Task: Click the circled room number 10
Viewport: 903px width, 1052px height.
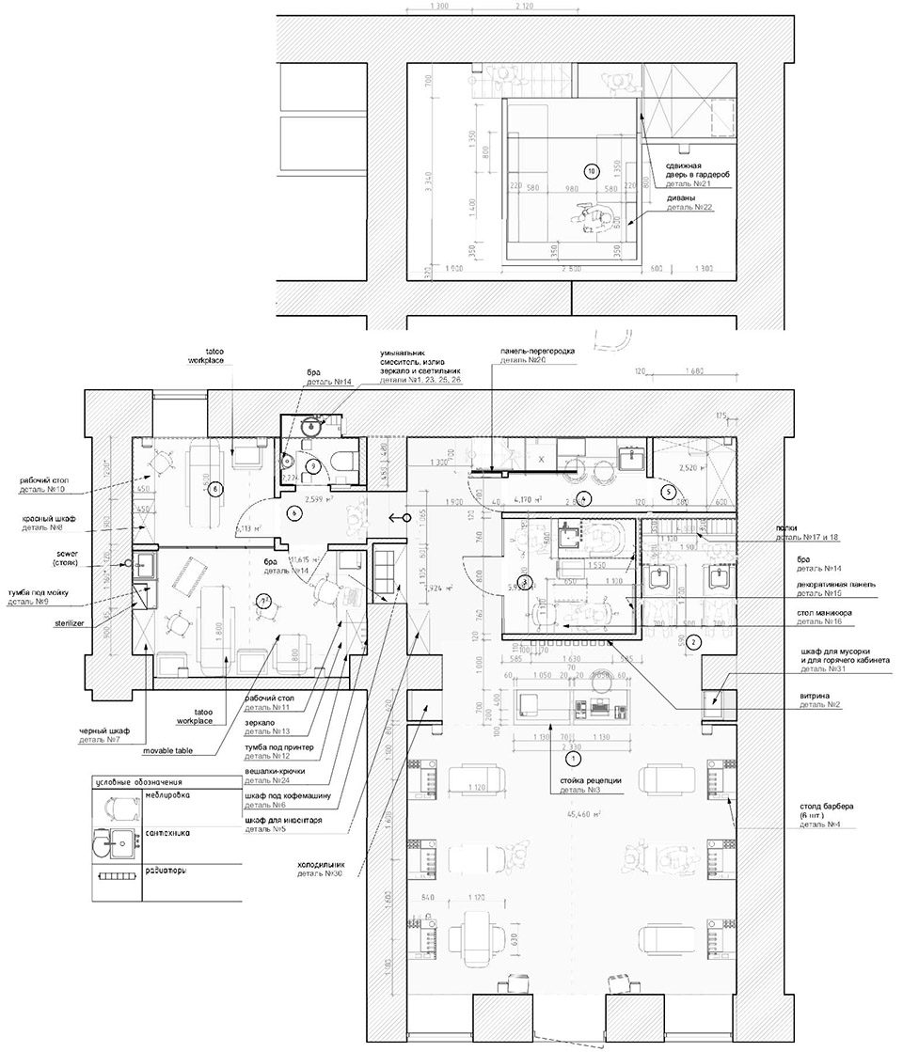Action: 591,172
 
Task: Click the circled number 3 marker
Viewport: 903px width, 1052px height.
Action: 525,582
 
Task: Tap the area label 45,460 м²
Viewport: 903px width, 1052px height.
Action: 610,813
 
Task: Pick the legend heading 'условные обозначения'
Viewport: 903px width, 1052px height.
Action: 137,781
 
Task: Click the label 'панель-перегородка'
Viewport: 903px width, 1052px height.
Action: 537,350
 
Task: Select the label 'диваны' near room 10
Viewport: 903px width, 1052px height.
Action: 681,197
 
